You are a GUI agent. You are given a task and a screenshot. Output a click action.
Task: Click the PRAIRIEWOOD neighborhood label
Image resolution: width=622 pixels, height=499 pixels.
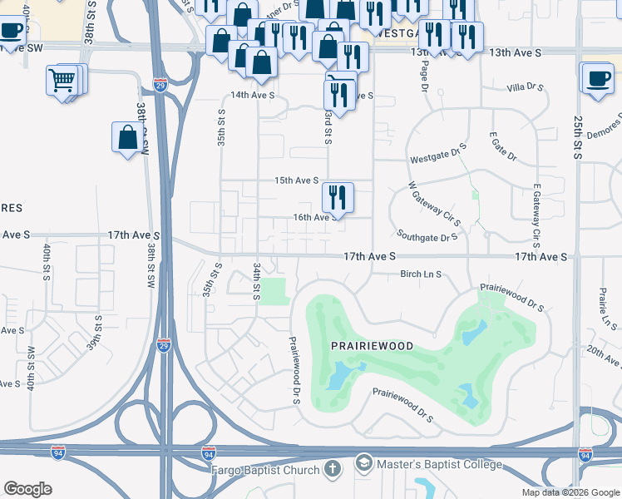(373, 344)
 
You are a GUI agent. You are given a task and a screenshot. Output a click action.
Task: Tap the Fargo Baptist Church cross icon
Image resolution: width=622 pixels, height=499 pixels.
(333, 470)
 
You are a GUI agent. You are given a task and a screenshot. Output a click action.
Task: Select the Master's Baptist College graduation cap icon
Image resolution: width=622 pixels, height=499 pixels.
(363, 463)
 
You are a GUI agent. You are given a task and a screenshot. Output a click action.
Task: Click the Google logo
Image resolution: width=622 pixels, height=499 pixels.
(27, 489)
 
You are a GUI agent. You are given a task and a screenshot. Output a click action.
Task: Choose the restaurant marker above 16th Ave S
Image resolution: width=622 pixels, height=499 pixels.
(338, 198)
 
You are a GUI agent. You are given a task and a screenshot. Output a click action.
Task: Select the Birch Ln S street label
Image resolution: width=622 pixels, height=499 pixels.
(420, 274)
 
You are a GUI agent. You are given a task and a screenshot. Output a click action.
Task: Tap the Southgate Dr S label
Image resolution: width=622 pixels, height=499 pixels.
(427, 237)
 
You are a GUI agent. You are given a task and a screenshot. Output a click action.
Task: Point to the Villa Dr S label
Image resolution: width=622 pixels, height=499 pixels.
(526, 87)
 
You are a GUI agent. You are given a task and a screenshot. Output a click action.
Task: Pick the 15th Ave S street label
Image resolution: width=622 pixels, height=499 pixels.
(297, 180)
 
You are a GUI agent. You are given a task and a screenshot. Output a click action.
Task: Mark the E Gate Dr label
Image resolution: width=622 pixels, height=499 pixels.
(503, 146)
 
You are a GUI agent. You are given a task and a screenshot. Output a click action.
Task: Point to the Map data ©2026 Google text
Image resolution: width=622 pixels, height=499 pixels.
(570, 492)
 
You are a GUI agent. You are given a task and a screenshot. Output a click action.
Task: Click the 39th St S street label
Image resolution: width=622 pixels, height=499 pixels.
(97, 333)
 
